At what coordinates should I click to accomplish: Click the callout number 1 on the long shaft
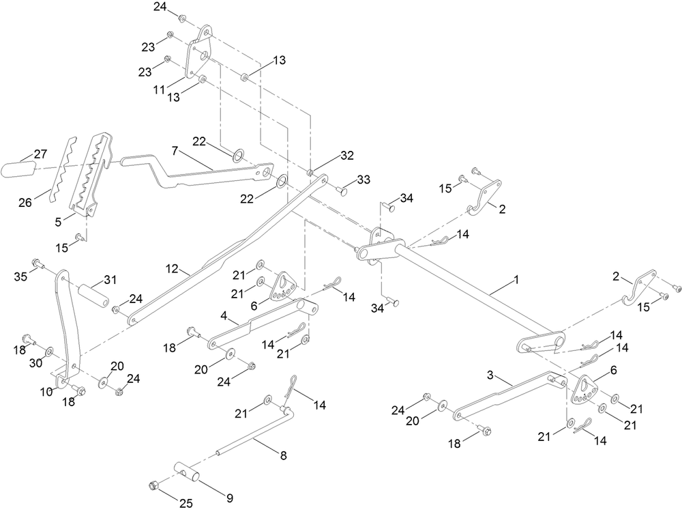[x=516, y=280]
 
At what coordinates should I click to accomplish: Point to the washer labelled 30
[x=49, y=352]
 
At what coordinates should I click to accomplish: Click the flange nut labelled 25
[x=154, y=486]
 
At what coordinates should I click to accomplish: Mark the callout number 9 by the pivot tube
[x=230, y=498]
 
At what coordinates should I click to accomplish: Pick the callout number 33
[x=363, y=180]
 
